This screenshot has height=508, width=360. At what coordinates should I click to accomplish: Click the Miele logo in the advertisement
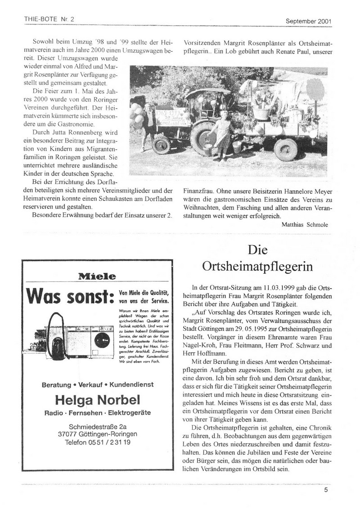tap(97, 276)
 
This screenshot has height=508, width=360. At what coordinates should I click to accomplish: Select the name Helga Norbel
tap(98, 399)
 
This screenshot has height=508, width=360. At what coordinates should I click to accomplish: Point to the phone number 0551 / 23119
tap(98, 442)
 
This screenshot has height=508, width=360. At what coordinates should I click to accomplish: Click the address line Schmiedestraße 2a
tap(98, 427)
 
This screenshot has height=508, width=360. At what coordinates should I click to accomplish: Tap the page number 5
tap(326, 490)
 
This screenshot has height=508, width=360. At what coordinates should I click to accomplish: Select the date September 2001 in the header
tap(309, 20)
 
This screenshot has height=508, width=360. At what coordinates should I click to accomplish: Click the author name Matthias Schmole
tap(306, 223)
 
